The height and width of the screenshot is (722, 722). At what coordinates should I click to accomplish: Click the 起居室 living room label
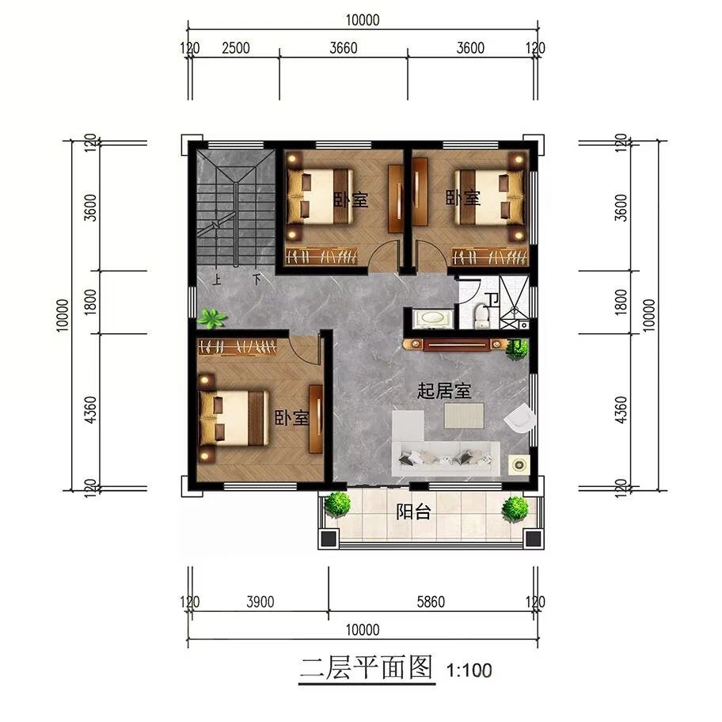coord(444,391)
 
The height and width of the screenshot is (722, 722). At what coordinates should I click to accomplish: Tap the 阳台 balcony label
coord(413,511)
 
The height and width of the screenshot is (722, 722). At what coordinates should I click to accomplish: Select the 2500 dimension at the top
coord(236,47)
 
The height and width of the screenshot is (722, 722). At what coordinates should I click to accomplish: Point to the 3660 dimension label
coord(344,47)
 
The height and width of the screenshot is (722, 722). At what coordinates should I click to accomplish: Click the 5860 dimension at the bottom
coord(431,602)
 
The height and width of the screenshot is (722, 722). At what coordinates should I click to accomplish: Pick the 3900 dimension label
coord(260,602)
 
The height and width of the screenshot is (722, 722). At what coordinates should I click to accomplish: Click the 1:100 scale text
coord(469,671)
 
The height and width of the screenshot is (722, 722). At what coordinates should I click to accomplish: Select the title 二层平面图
coord(367,667)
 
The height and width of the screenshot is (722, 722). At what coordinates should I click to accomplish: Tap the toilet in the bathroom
coord(481,316)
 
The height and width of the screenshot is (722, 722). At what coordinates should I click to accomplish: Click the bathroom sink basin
coord(432,317)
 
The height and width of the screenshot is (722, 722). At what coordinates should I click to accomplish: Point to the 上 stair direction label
coord(216,279)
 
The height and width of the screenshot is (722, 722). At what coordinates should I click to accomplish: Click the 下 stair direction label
coord(256,279)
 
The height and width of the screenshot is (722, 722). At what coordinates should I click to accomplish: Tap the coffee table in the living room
coord(464,416)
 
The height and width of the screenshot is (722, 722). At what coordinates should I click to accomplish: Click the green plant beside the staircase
coord(212,318)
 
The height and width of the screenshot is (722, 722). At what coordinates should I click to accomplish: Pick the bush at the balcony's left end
coord(337,504)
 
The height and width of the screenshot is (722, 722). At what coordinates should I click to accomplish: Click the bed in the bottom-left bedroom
coord(234,418)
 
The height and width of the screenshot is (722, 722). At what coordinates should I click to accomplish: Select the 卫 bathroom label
coord(493,300)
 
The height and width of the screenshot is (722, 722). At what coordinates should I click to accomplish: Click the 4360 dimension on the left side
coord(91,410)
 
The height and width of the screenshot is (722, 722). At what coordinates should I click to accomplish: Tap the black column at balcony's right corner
coord(533,538)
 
